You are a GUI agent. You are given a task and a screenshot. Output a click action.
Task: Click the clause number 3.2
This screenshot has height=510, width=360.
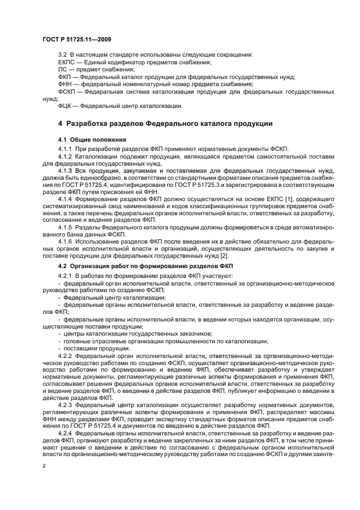[62, 55]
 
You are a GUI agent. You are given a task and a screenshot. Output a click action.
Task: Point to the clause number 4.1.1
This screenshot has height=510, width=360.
[65, 148]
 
